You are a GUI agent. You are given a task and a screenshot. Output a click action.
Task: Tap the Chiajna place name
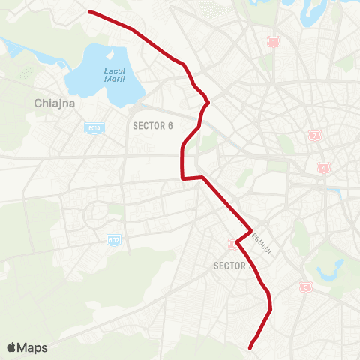[55, 103]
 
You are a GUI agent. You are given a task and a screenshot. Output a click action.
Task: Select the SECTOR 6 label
[153, 125]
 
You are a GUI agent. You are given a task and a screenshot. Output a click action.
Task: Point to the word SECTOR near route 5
[229, 265]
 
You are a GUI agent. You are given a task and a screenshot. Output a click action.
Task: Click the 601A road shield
[94, 128]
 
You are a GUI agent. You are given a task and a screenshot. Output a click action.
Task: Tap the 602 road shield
[113, 239]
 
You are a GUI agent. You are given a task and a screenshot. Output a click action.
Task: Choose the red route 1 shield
[274, 42]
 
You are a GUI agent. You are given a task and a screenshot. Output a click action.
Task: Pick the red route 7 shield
[314, 135]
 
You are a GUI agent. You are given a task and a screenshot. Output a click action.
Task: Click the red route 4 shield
[324, 167]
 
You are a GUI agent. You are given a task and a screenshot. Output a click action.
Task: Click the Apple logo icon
[13, 347]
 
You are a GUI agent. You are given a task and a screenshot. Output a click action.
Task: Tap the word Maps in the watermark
[33, 347]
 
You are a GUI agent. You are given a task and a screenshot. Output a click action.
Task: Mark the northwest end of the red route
[89, 11]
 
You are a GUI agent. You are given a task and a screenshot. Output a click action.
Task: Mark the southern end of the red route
[250, 346]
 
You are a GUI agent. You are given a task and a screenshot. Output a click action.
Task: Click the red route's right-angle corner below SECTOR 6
[182, 178]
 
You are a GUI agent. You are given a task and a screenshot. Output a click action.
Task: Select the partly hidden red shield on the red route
[232, 242]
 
